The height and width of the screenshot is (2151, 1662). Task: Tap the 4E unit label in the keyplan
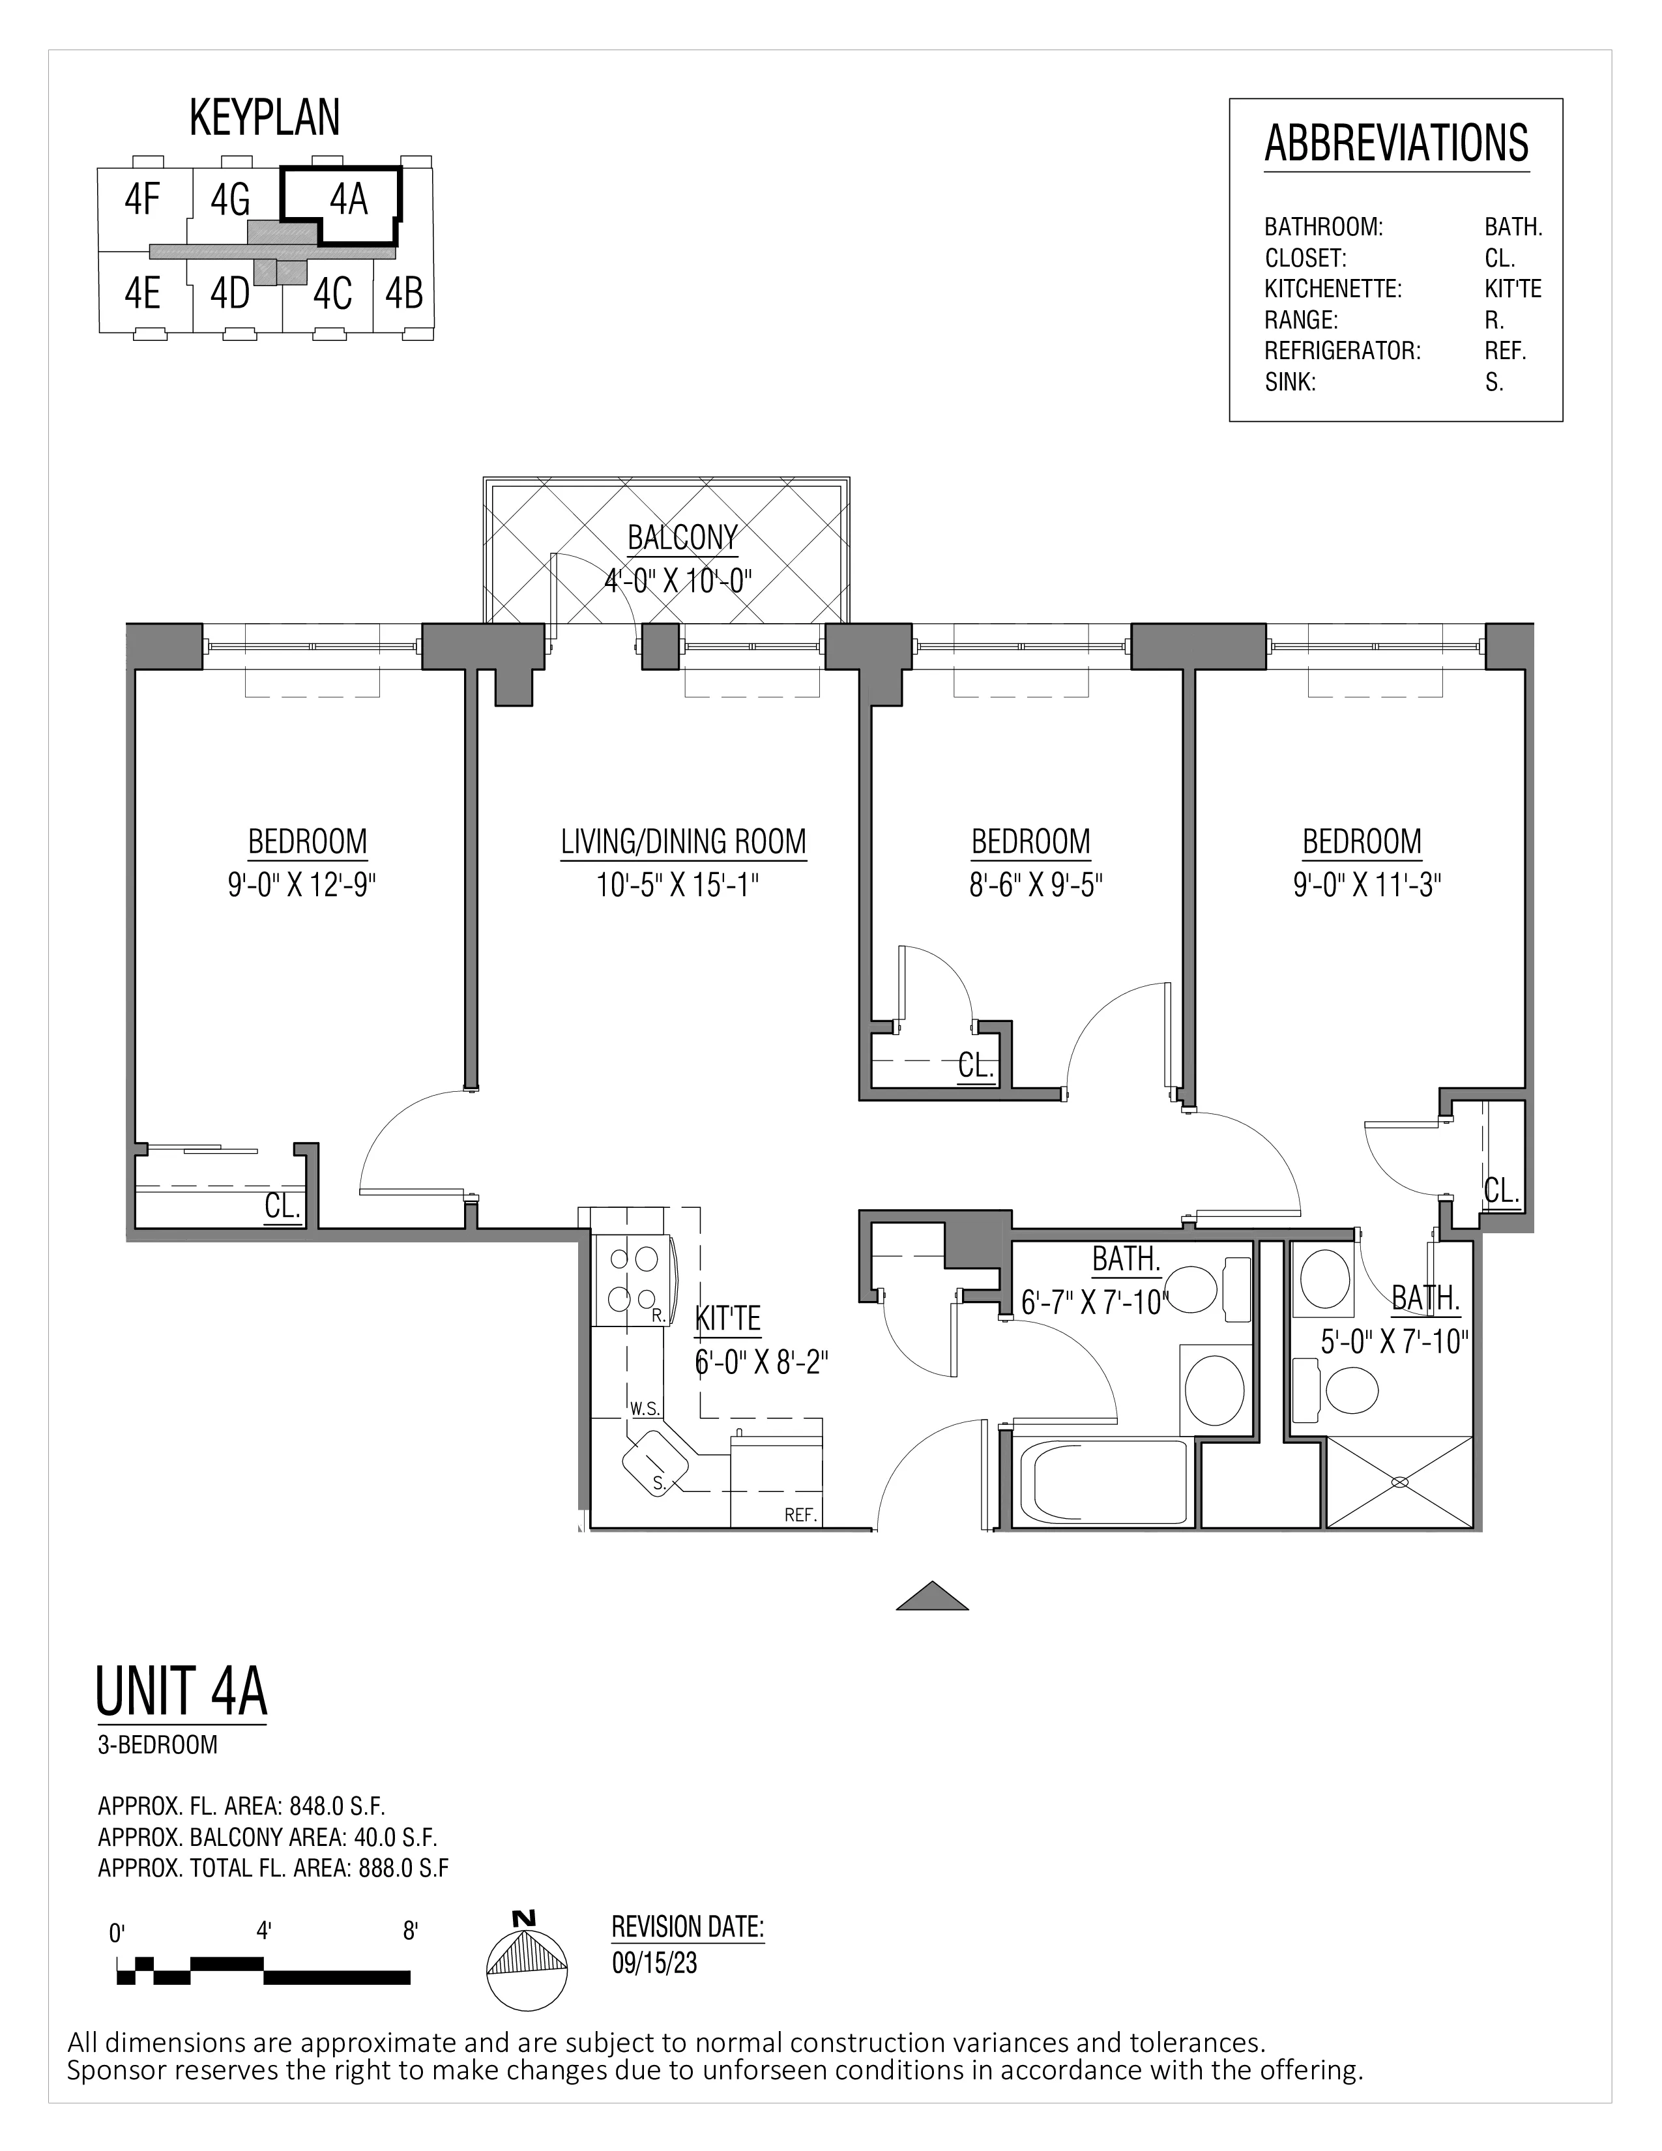(143, 293)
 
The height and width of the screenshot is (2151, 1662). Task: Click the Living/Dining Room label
(683, 842)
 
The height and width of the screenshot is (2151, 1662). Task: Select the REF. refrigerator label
(800, 1515)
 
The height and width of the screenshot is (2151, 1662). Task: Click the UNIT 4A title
(181, 1690)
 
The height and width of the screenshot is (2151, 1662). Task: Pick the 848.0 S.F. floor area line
(241, 1806)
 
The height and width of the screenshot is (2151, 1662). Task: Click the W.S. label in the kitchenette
(645, 1409)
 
